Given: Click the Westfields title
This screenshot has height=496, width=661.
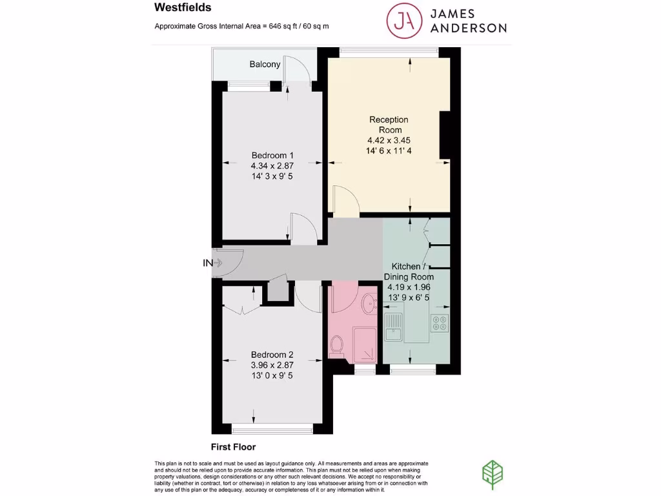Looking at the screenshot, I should (183, 8).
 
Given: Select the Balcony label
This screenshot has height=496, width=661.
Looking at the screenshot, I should (265, 64).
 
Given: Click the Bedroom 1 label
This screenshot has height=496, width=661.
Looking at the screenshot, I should (272, 155).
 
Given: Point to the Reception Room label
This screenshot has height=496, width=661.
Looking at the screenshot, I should (389, 124).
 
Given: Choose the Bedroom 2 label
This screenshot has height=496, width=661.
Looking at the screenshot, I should (272, 355).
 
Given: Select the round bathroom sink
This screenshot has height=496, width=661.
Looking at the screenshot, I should (369, 303).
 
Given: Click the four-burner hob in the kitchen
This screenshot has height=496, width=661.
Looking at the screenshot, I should (439, 322).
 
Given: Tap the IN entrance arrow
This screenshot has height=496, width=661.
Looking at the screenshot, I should (213, 263).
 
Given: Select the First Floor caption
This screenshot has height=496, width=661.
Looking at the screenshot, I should (233, 447).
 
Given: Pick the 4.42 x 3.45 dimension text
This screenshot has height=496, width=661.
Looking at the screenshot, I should (389, 140).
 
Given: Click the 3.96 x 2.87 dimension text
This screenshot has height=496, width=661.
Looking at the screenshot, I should (272, 365).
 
